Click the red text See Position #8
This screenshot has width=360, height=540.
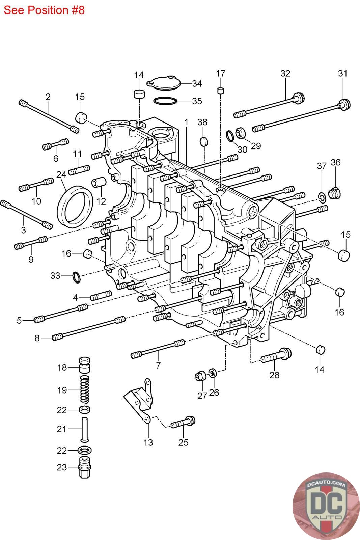[x=44, y=10]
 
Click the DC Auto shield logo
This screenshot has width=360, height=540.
[x=326, y=506]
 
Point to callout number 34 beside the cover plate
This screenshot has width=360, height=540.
[x=197, y=83]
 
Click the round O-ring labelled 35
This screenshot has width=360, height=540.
[x=165, y=101]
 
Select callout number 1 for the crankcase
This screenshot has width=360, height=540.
[x=186, y=122]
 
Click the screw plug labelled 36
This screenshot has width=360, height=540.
[x=334, y=193]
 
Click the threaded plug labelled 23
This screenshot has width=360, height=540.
[x=85, y=467]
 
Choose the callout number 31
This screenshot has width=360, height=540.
[x=343, y=73]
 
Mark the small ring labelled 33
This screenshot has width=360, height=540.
[x=77, y=277]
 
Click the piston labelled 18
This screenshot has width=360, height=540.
[x=85, y=365]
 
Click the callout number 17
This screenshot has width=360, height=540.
[x=220, y=73]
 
